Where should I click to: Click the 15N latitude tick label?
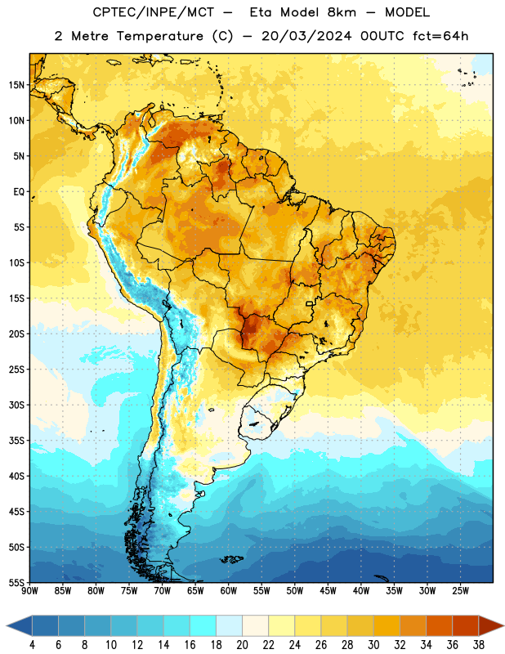coord(16,85)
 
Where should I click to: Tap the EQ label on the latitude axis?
coord(19,192)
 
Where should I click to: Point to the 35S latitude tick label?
coord(16,441)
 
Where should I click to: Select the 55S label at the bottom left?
coord(16,582)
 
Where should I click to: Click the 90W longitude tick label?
coord(29,591)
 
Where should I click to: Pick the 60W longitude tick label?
coord(229,591)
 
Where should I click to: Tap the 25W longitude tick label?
coord(460,591)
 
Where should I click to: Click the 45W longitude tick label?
coord(328,591)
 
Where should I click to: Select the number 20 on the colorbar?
coord(242,645)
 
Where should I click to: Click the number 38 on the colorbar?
coord(479,645)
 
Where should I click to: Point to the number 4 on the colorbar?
coord(32,645)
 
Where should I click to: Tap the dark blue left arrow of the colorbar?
coord(20,625)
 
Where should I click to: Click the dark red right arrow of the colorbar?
coord(491,625)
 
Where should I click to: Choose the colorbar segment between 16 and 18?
coord(203,625)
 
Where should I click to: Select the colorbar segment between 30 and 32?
coord(387,625)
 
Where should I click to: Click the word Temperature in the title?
coord(159,36)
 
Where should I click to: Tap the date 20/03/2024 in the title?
coord(306,36)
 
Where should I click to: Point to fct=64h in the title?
coord(440,36)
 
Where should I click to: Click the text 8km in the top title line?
coord(342,12)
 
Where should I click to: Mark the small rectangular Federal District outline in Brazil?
coord(310,304)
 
